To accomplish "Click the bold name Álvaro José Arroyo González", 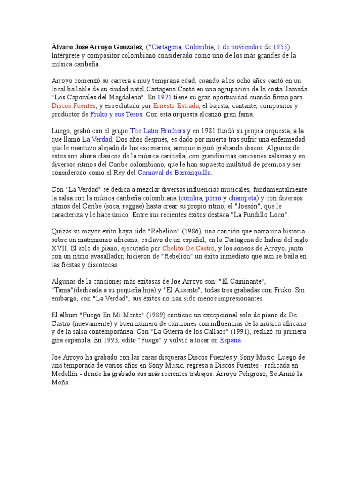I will click(97, 47).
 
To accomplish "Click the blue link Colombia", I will click(199, 47).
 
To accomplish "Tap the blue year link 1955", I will click(280, 47).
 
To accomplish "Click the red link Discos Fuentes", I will click(73, 106).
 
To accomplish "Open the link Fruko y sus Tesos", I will click(117, 114).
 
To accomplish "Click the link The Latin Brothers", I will click(157, 131).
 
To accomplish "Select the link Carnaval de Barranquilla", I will click(174, 173).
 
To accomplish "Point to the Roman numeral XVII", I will click(60, 248).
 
